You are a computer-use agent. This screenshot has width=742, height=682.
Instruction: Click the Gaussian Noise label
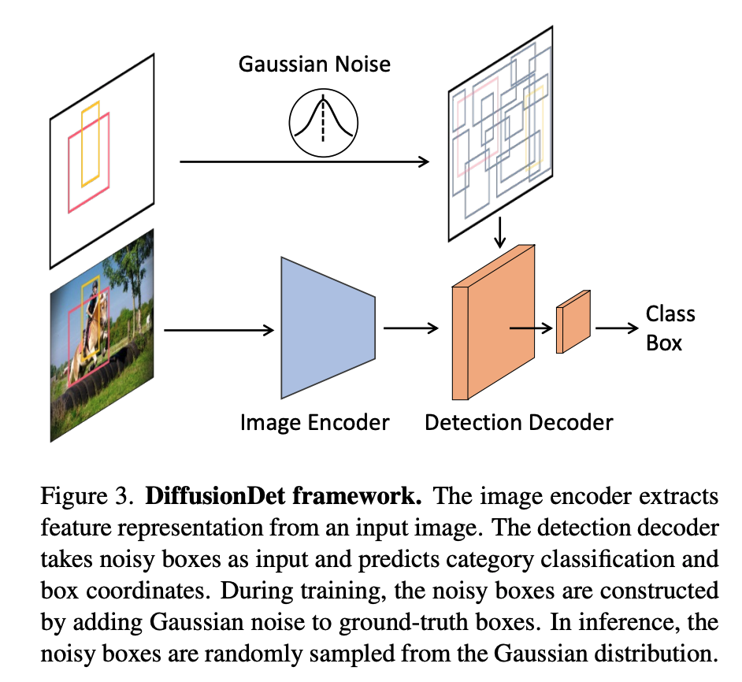point(314,63)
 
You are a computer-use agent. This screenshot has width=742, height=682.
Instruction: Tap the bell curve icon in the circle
point(323,122)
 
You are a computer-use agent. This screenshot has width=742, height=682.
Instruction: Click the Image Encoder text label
point(314,423)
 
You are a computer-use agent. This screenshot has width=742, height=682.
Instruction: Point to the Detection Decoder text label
point(518,423)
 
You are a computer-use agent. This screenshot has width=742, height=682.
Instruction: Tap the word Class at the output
point(670,314)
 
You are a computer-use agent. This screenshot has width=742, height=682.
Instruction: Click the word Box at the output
point(664,343)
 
